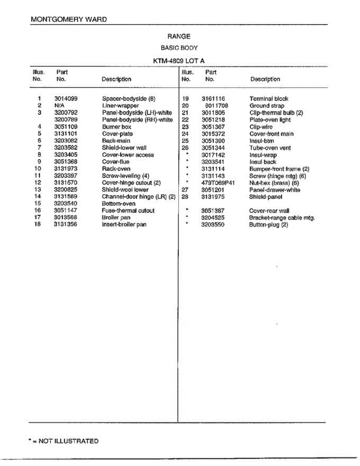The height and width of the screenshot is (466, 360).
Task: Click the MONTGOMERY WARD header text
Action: (69, 19)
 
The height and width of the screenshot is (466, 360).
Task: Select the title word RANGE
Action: (179, 37)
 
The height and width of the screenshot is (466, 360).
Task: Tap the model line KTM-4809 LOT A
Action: (179, 61)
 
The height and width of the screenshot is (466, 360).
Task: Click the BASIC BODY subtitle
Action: (179, 48)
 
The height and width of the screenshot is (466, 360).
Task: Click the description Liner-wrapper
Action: (120, 106)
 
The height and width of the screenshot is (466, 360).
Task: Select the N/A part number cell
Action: (59, 106)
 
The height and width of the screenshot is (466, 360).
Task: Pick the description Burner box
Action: (117, 127)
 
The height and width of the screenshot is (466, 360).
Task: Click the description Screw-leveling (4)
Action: (125, 176)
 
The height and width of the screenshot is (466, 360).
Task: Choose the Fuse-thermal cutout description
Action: (128, 210)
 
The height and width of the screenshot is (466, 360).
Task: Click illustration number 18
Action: (38, 224)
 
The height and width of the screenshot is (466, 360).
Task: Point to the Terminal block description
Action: (269, 99)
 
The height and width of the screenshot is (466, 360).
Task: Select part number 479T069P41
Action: (218, 183)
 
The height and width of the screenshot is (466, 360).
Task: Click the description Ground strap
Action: (267, 106)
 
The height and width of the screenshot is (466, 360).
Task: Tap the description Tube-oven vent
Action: (270, 148)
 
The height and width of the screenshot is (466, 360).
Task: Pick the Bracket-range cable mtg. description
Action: (282, 218)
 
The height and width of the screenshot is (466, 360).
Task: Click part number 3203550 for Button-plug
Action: (212, 225)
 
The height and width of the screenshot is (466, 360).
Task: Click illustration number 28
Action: (185, 197)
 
